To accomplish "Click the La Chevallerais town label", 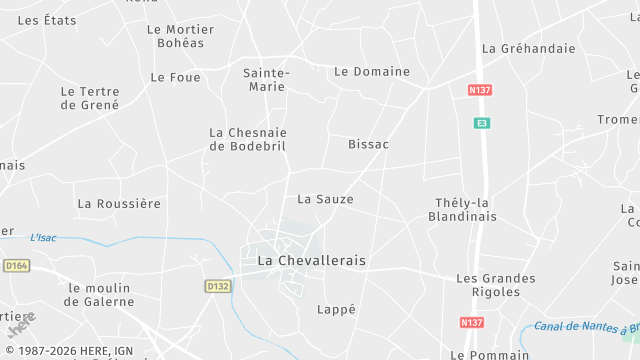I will [x=312, y=260].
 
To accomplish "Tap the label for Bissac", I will [x=368, y=145].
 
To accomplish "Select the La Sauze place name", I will [x=325, y=199].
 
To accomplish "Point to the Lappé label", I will [x=336, y=310].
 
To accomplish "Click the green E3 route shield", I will [x=482, y=123].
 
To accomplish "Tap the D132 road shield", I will [x=217, y=286].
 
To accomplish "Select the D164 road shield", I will [x=16, y=266].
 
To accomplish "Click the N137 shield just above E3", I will [x=480, y=90].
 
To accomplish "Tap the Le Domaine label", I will [x=372, y=72].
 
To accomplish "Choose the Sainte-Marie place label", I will [x=267, y=79].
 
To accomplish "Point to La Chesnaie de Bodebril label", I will [x=247, y=139].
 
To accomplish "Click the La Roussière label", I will [x=119, y=204].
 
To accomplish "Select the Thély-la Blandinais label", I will [x=463, y=209].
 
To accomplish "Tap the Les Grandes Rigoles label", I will [x=488, y=285].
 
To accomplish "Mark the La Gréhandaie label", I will [x=529, y=48].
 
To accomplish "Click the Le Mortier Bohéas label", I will [x=180, y=36].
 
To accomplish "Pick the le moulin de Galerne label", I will [x=100, y=295].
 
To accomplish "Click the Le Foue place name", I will [x=175, y=77].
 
